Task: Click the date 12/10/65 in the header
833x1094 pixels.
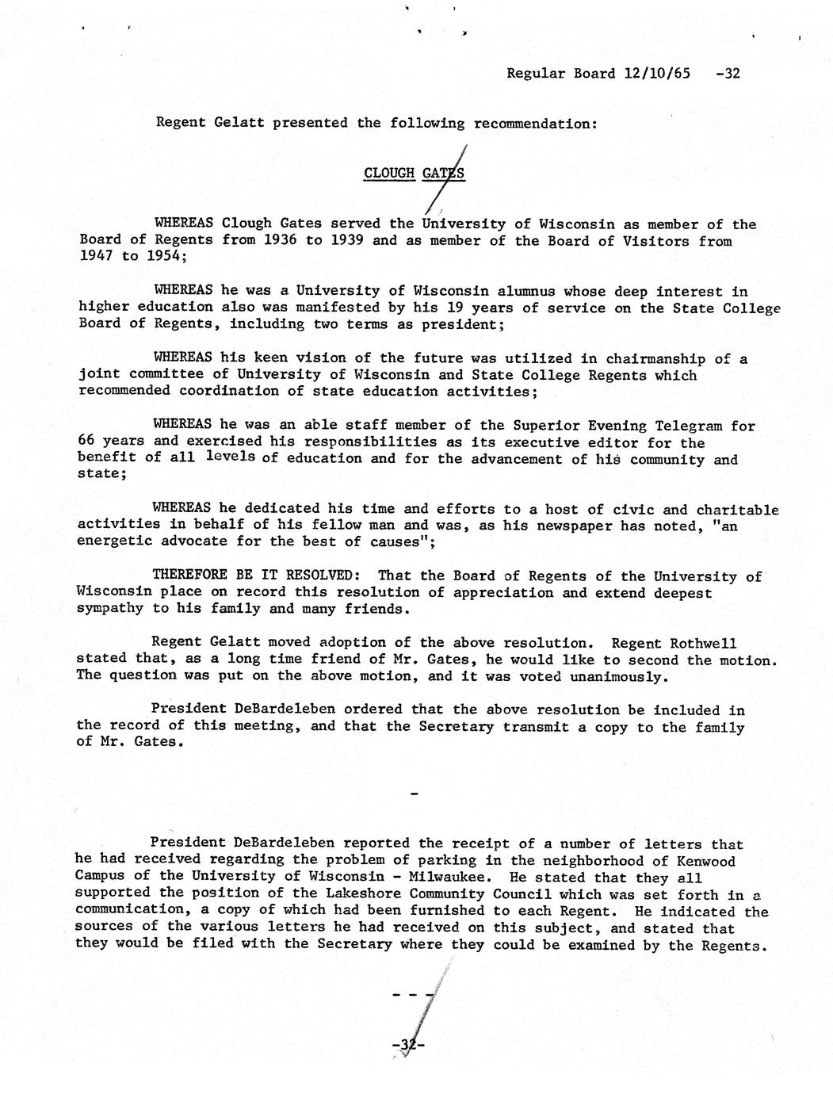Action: click(x=657, y=74)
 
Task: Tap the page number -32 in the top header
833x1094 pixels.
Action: click(x=727, y=74)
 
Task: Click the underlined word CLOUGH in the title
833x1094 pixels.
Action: click(x=389, y=174)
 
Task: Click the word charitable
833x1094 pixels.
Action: click(x=737, y=510)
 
